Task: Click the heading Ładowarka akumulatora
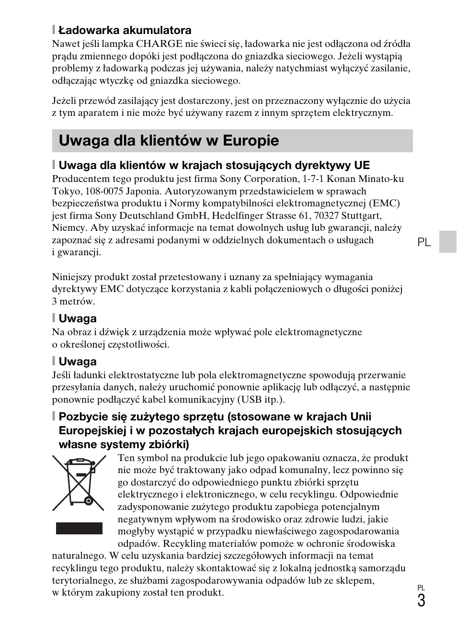click(x=125, y=30)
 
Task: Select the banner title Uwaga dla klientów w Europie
click(x=169, y=141)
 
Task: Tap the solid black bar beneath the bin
click(x=79, y=528)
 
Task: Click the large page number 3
click(x=421, y=600)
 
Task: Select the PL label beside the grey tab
click(x=423, y=243)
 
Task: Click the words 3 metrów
click(x=73, y=302)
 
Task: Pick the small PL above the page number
click(x=421, y=588)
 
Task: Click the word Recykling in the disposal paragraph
click(x=184, y=543)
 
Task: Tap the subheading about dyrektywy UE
click(x=214, y=165)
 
